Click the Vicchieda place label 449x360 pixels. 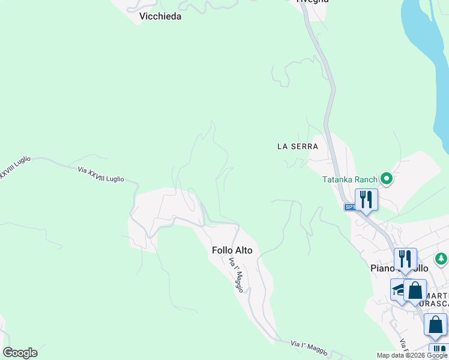tap(160, 17)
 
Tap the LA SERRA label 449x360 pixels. tap(297, 146)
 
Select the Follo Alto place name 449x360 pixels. tap(232, 250)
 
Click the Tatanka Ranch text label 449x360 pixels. tap(349, 179)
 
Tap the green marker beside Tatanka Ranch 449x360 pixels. tap(387, 178)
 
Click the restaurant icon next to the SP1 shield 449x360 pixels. tap(366, 199)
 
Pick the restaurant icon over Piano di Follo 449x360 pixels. tap(405, 259)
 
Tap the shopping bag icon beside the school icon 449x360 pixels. tap(415, 291)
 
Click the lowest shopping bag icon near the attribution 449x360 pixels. tap(435, 325)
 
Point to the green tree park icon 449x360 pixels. tap(441, 259)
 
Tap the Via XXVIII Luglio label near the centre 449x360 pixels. tap(101, 175)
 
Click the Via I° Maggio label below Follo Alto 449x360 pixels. tap(236, 275)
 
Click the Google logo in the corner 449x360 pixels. tap(20, 353)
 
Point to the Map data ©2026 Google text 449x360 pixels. tap(412, 355)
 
